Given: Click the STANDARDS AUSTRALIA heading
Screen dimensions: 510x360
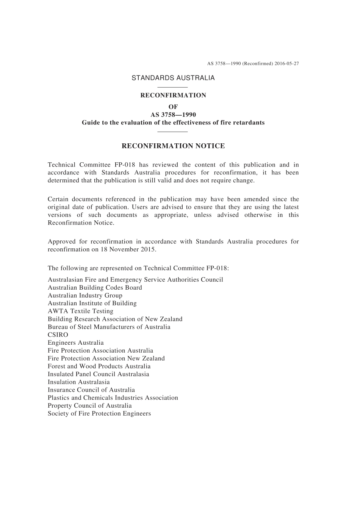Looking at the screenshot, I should (x=173, y=78).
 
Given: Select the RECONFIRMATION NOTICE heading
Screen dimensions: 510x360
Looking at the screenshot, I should (x=173, y=146).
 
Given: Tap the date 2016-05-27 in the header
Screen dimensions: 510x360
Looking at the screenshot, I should (x=287, y=64).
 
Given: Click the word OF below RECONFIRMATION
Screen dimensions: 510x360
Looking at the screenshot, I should (x=173, y=107).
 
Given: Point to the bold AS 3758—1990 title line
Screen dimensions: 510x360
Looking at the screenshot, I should (x=173, y=115).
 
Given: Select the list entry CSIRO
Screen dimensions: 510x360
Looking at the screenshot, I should (x=58, y=335).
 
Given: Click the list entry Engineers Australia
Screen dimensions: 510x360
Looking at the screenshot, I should (x=75, y=343).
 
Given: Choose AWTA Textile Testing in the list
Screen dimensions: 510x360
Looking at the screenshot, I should (x=80, y=311).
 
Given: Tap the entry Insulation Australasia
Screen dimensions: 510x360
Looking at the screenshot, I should (x=78, y=382).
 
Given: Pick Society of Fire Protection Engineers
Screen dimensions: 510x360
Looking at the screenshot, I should (x=99, y=414).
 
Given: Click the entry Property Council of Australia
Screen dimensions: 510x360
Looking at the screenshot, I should (x=90, y=406).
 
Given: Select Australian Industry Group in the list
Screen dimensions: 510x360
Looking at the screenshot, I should (x=85, y=295).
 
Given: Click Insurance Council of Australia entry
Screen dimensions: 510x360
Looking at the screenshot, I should (x=91, y=390).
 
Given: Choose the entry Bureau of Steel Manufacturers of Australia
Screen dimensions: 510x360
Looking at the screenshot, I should (x=109, y=327).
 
